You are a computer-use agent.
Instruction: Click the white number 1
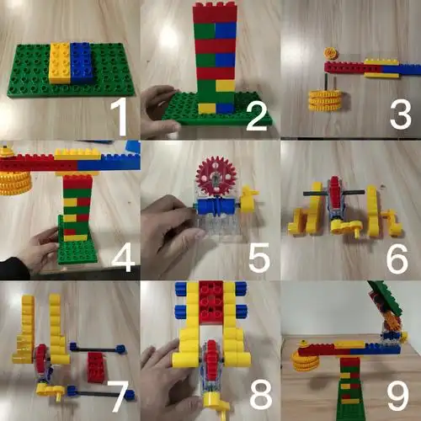tap(120, 118)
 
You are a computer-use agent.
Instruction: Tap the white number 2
tap(258, 115)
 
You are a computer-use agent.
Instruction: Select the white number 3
tap(401, 115)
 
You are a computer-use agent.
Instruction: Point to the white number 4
tap(123, 257)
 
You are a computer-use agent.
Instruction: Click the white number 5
tap(259, 258)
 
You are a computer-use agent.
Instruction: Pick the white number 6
tap(397, 258)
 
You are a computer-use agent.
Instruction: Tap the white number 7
tap(120, 397)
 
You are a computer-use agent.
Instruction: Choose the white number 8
tap(261, 395)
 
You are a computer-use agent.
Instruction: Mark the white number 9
tap(398, 396)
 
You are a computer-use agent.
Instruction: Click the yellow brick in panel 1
tap(60, 63)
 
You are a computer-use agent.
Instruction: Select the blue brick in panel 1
tap(82, 62)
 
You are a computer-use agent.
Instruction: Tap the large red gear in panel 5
tap(216, 176)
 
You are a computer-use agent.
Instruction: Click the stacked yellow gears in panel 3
tap(326, 100)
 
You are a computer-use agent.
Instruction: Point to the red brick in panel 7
tap(96, 367)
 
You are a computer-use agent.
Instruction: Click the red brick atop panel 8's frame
tap(211, 301)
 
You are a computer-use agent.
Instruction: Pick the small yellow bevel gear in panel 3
tap(331, 53)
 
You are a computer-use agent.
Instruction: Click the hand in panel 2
tap(160, 111)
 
